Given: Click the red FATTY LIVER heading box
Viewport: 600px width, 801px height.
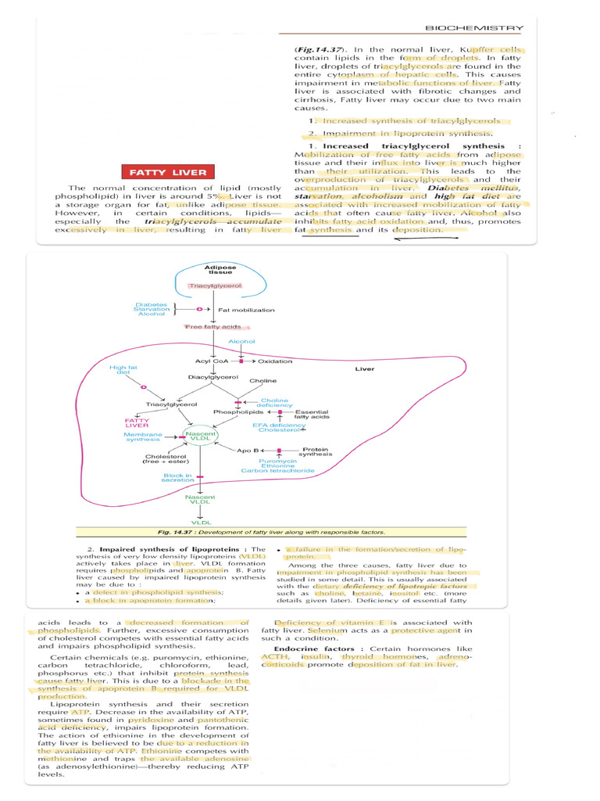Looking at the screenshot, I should pos(168,172).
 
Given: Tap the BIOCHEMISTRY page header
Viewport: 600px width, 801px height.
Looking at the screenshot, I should pos(474,28).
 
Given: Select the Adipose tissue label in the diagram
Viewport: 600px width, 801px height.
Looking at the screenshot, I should pos(209,270).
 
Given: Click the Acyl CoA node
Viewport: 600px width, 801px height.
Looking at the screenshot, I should pos(211,361).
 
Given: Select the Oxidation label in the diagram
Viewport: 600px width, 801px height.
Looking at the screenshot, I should pos(275,361).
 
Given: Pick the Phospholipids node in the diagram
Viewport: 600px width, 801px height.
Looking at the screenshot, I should pos(233,411).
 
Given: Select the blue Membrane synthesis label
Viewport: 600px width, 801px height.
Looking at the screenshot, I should pos(143,436).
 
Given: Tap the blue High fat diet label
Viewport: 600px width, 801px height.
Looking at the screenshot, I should pos(123,370).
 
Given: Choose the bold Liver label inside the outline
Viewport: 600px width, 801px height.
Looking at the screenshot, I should pos(365,369).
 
